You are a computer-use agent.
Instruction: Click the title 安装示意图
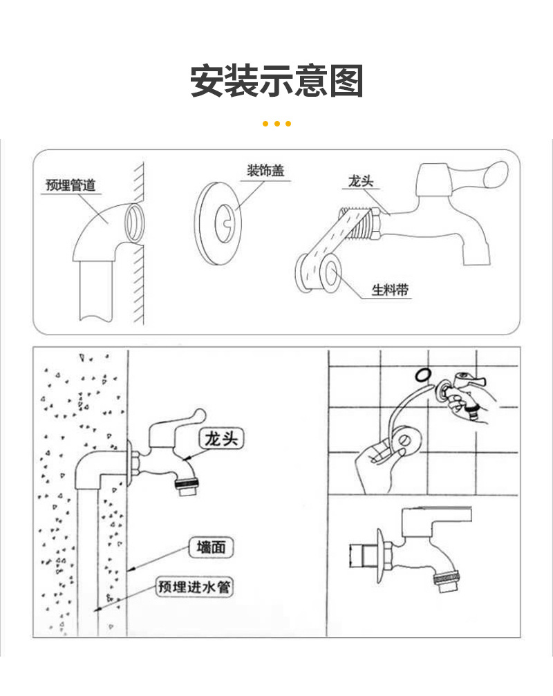click(276, 82)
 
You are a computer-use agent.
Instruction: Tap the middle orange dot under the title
click(277, 124)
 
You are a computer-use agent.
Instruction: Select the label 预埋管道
click(70, 185)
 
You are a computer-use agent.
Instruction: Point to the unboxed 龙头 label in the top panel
click(361, 182)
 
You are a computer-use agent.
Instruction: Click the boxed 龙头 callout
click(222, 438)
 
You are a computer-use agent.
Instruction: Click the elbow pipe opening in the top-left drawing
click(133, 220)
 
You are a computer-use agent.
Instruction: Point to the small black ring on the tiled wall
click(420, 375)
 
